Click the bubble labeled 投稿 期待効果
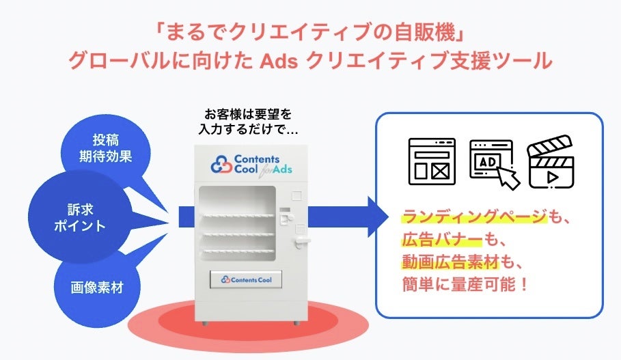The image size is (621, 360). pyautogui.click(x=105, y=147)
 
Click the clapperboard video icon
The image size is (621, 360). pyautogui.click(x=551, y=161)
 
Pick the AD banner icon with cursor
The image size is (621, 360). pyautogui.click(x=493, y=163)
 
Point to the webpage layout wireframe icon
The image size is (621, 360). pyautogui.click(x=432, y=161)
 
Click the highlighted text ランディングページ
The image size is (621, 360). pyautogui.click(x=474, y=218)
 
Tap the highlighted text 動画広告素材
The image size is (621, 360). pyautogui.click(x=450, y=261)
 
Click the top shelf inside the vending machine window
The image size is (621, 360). pyautogui.click(x=236, y=217)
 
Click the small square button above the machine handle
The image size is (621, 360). pyautogui.click(x=295, y=195)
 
